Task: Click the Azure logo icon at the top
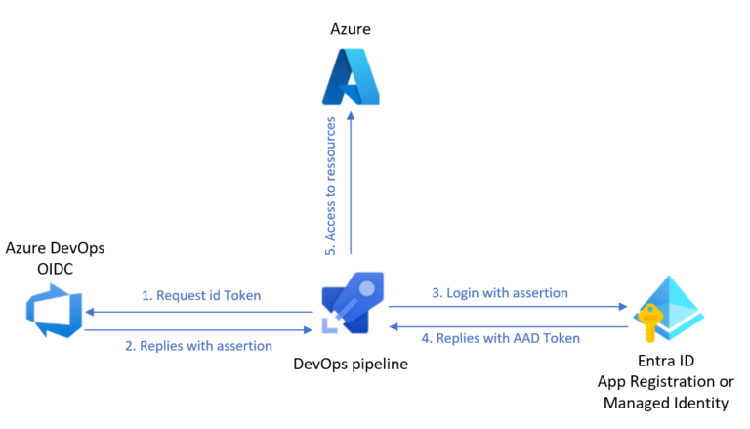click(x=351, y=75)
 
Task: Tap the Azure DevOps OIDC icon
click(x=54, y=311)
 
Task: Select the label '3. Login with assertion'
click(x=500, y=292)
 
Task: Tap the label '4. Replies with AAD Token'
click(x=500, y=338)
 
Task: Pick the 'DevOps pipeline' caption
click(x=351, y=365)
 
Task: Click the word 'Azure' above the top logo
click(x=351, y=30)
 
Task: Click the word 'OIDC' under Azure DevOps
click(x=55, y=270)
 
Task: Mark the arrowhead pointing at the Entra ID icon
click(x=622, y=307)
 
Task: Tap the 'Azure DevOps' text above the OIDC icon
click(x=55, y=250)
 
